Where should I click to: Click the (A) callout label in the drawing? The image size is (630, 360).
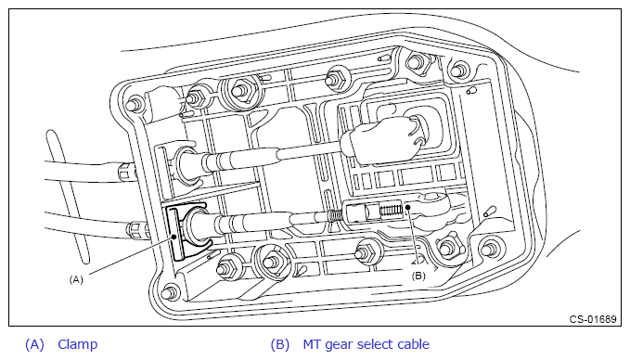tap(76, 279)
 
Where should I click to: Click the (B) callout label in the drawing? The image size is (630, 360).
tap(418, 276)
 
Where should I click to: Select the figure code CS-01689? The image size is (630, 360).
tap(593, 319)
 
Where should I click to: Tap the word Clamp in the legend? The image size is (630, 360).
tap(78, 344)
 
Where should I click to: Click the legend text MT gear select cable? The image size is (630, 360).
tap(366, 344)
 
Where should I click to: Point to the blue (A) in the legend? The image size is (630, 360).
tap(34, 345)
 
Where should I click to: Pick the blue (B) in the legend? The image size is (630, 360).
tap(279, 345)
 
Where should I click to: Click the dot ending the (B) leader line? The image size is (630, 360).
tap(407, 207)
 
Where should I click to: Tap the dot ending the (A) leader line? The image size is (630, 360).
tap(174, 237)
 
